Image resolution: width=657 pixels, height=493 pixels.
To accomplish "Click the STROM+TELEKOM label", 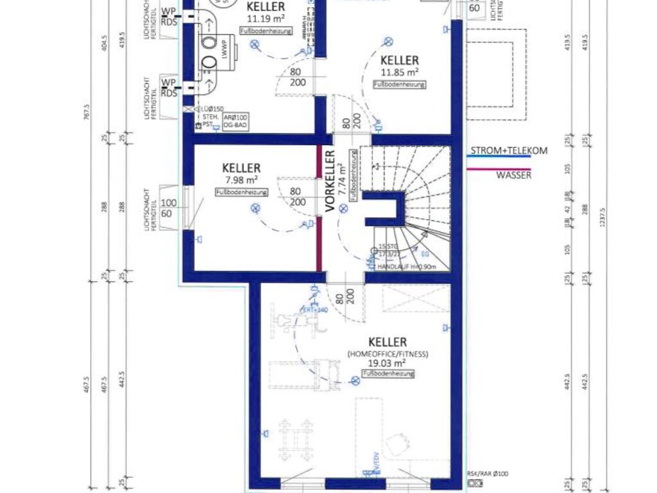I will [509, 151].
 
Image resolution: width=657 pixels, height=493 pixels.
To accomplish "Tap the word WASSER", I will [513, 175].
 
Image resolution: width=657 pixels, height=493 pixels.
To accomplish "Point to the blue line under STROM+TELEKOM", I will [499, 157].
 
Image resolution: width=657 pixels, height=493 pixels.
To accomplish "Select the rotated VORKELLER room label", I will [330, 180].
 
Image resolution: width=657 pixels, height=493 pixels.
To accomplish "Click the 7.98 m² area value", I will [242, 180].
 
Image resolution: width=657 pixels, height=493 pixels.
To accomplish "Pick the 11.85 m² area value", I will [399, 73].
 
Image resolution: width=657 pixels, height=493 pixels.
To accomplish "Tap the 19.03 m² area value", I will [388, 363].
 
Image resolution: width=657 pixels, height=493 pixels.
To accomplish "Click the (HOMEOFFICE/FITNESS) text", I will [388, 354].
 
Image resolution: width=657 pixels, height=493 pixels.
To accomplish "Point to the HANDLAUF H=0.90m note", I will [407, 266].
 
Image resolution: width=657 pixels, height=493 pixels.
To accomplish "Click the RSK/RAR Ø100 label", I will [488, 474].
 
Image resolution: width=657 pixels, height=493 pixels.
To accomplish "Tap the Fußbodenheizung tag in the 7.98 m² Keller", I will [242, 192].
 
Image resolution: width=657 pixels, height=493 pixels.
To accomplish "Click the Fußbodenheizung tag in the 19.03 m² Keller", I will [388, 373].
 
